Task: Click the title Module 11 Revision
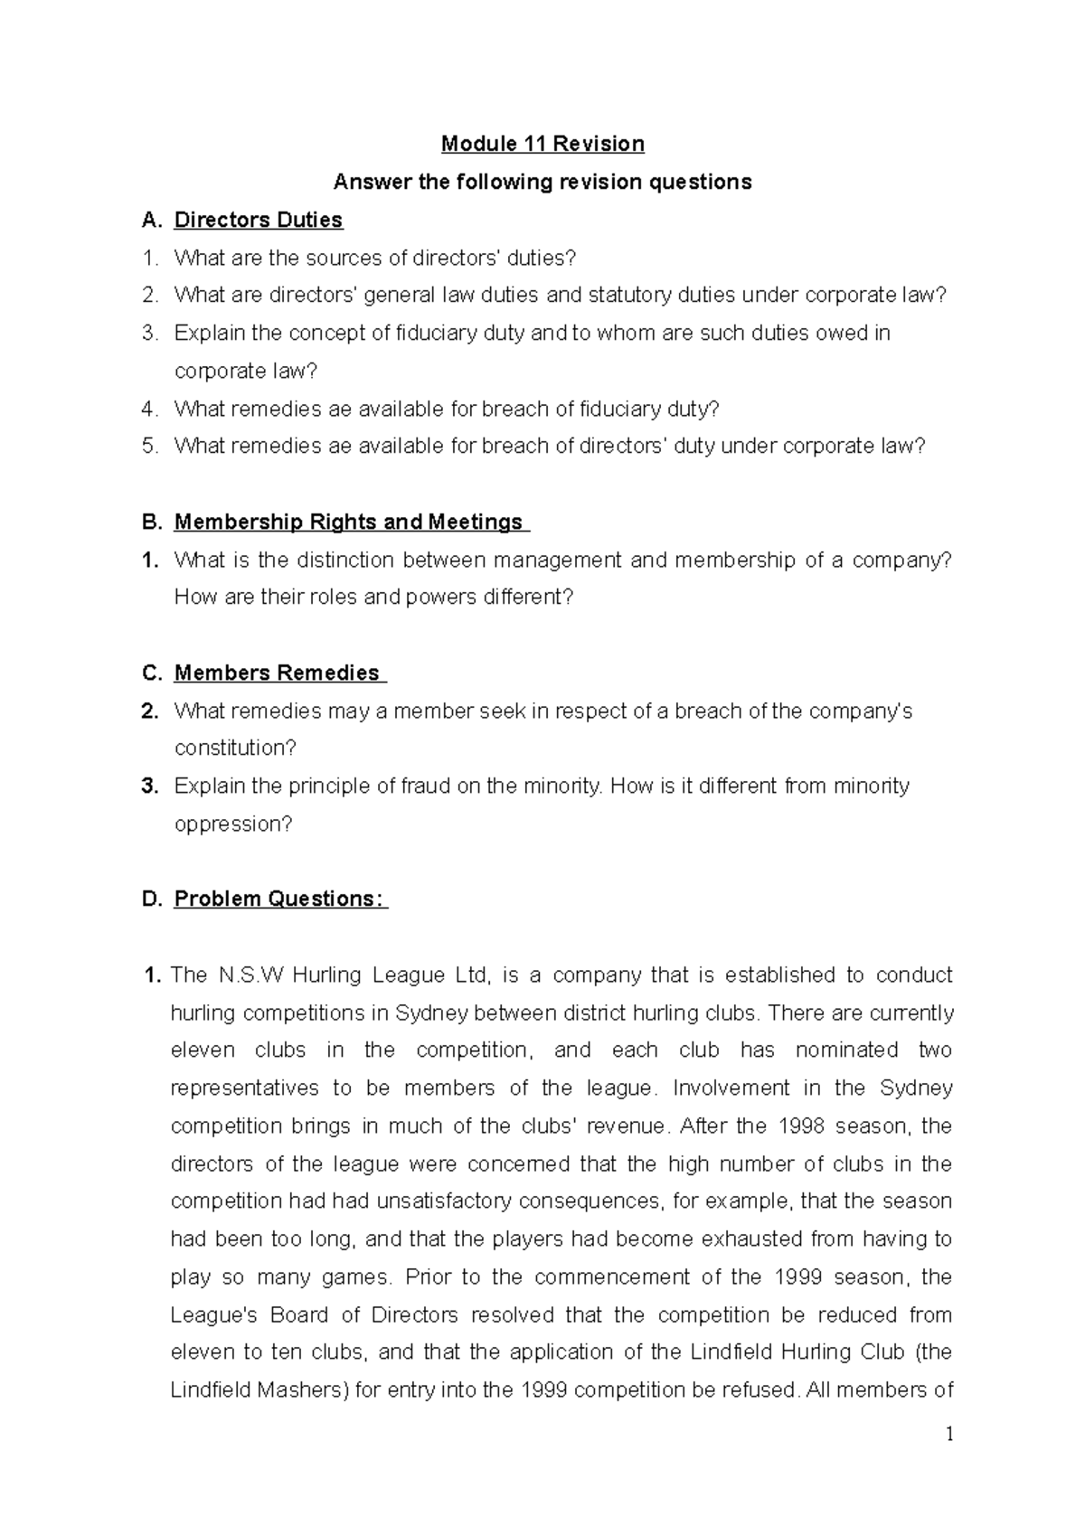pos(542,144)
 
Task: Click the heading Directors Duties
pos(258,220)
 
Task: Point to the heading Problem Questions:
pos(279,899)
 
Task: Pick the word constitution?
pos(235,748)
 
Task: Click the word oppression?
pos(233,824)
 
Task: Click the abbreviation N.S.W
pos(250,975)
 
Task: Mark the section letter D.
pos(151,899)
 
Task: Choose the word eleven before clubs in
pos(203,1050)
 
